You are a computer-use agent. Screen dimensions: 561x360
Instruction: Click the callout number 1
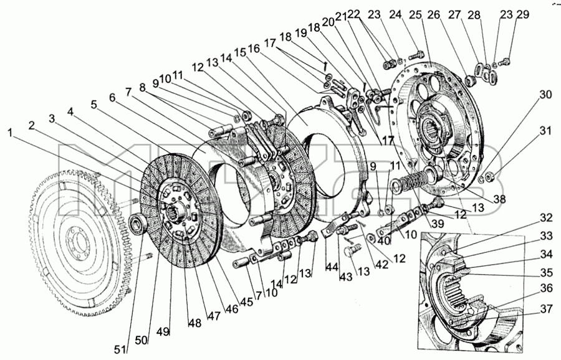pyautogui.click(x=11, y=133)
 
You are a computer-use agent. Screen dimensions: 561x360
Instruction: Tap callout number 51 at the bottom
pyautogui.click(x=120, y=349)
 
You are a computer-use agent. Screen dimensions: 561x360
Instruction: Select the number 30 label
pyautogui.click(x=545, y=95)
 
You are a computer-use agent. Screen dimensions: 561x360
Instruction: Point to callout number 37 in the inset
pyautogui.click(x=546, y=308)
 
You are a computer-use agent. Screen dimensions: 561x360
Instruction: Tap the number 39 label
pyautogui.click(x=437, y=224)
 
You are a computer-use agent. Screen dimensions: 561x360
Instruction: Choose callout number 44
pyautogui.click(x=332, y=267)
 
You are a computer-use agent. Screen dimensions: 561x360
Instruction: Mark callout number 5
pyautogui.click(x=94, y=105)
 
